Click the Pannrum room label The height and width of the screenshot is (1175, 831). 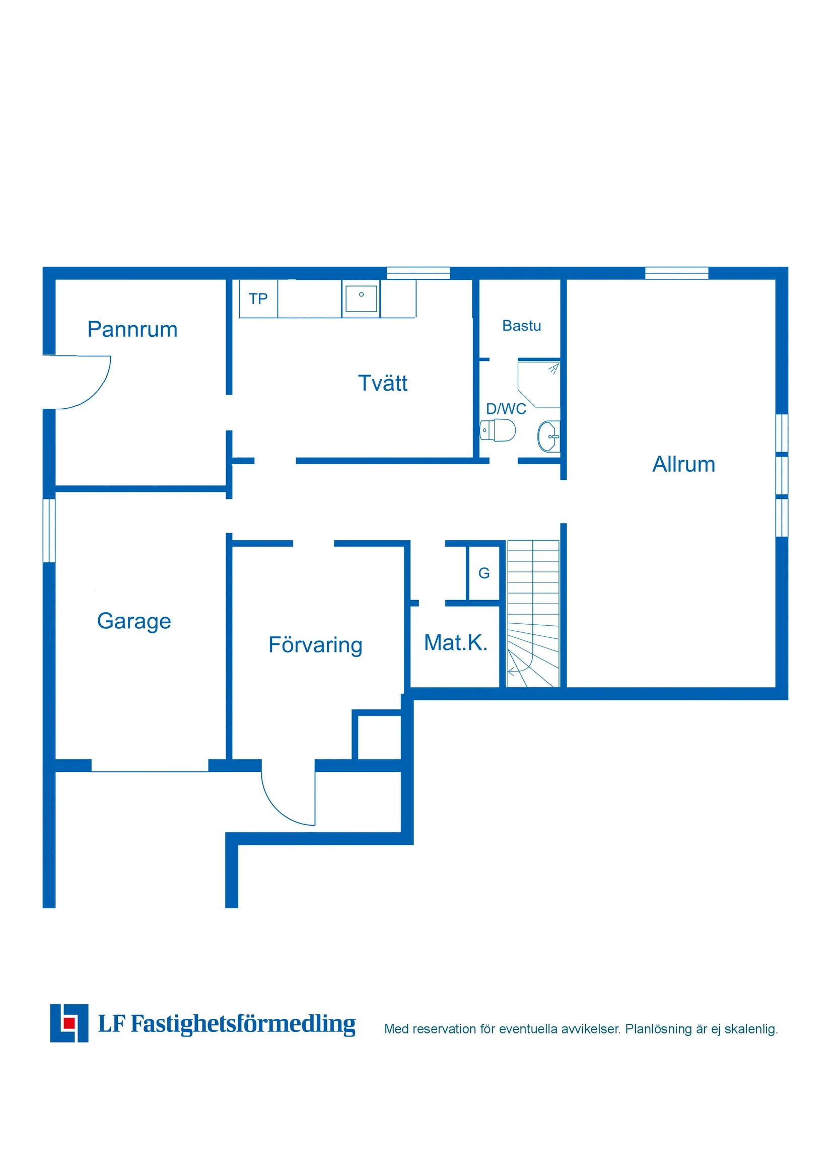click(132, 330)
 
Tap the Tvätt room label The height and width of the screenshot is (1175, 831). click(382, 383)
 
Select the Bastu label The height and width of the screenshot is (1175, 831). click(521, 326)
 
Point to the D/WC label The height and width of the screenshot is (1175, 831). click(506, 409)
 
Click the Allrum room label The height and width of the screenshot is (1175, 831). click(683, 465)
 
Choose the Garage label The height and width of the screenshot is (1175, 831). click(134, 622)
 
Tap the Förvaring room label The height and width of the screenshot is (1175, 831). click(315, 645)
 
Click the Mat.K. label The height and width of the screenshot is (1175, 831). click(455, 643)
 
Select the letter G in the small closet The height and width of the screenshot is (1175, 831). click(484, 573)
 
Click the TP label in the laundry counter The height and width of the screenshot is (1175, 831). click(258, 299)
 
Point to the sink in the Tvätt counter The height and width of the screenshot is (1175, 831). click(361, 299)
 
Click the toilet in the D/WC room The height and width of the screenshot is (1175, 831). click(498, 430)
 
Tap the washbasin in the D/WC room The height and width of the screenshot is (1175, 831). click(549, 436)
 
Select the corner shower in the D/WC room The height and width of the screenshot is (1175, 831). click(539, 384)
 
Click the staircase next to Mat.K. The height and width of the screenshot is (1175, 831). click(533, 614)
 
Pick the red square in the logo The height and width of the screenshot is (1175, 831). click(68, 1023)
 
